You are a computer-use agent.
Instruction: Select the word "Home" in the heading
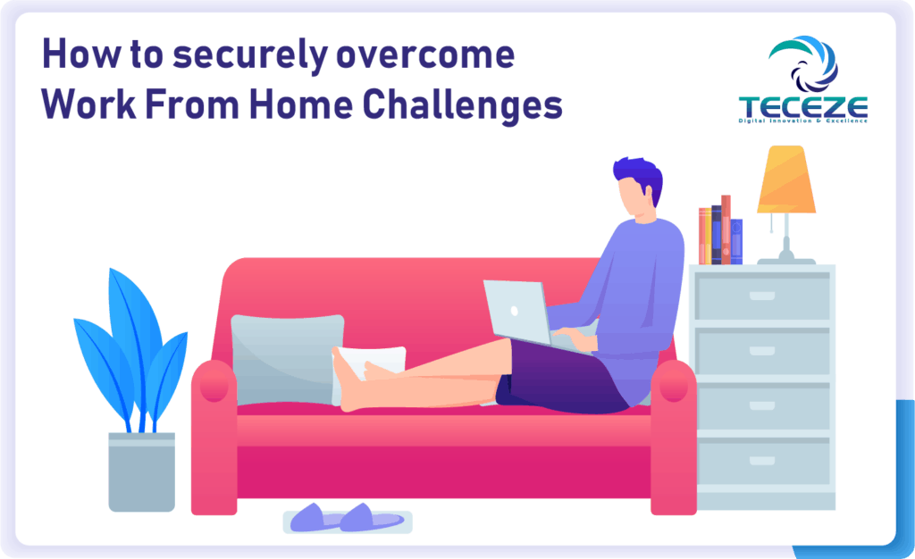[300, 104]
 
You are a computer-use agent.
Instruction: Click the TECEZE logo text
[803, 108]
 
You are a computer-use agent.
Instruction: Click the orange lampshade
[785, 179]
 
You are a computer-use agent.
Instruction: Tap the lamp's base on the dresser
[786, 261]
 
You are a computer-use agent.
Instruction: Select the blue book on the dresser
[736, 241]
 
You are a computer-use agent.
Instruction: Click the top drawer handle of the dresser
[762, 296]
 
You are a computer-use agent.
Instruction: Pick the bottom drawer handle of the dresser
[762, 461]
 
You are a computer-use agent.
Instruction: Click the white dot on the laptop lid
[515, 311]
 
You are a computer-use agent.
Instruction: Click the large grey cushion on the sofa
[287, 358]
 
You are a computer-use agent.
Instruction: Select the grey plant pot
[142, 471]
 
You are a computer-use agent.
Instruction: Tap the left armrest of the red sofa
[214, 438]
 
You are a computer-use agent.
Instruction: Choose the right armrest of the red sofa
[674, 438]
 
